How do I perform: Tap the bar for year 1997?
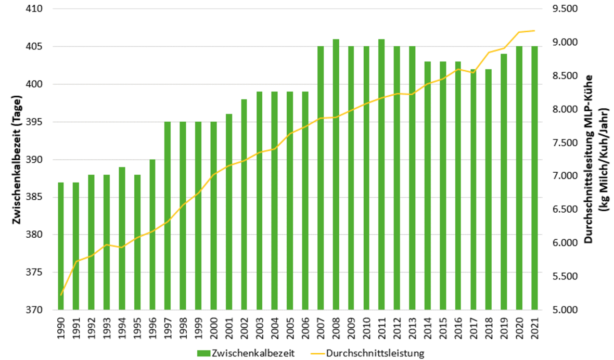point(168,216)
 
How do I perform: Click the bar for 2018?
point(489,189)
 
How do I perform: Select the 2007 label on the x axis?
point(321,327)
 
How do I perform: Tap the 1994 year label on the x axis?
point(122,327)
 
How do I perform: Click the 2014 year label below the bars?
point(428,327)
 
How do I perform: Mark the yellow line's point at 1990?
point(61,295)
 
